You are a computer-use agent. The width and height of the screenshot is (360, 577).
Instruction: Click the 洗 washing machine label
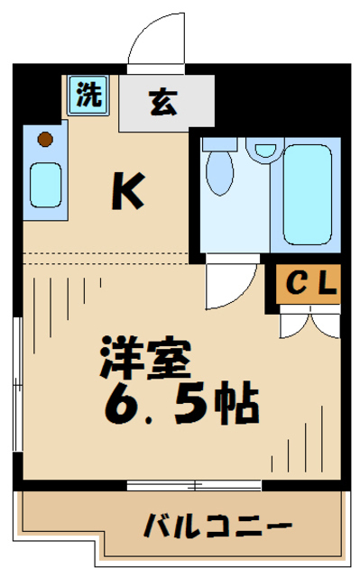click(88, 96)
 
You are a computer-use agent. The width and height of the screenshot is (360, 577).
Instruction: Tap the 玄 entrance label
click(162, 103)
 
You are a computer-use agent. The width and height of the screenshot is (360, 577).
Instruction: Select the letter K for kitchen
click(127, 190)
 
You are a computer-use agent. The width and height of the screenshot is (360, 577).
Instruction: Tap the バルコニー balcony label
click(217, 525)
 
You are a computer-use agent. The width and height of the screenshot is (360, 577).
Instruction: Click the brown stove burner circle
click(45, 140)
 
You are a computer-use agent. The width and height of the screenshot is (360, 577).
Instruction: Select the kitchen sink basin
click(45, 185)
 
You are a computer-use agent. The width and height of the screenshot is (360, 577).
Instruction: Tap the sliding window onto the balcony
click(194, 485)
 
